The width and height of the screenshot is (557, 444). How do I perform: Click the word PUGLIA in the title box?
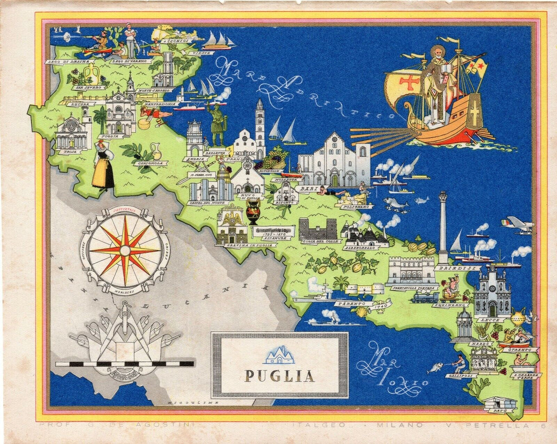click(279, 375)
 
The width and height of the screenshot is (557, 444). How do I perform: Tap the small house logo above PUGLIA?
click(279, 355)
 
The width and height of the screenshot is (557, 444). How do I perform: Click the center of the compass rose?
click(124, 250)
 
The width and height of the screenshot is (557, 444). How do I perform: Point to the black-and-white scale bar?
click(124, 364)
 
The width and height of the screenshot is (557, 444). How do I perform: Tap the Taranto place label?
click(350, 304)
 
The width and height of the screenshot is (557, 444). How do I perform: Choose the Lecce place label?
click(493, 320)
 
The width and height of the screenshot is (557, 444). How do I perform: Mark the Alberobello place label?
click(360, 248)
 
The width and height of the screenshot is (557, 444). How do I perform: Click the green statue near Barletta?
click(216, 123)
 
